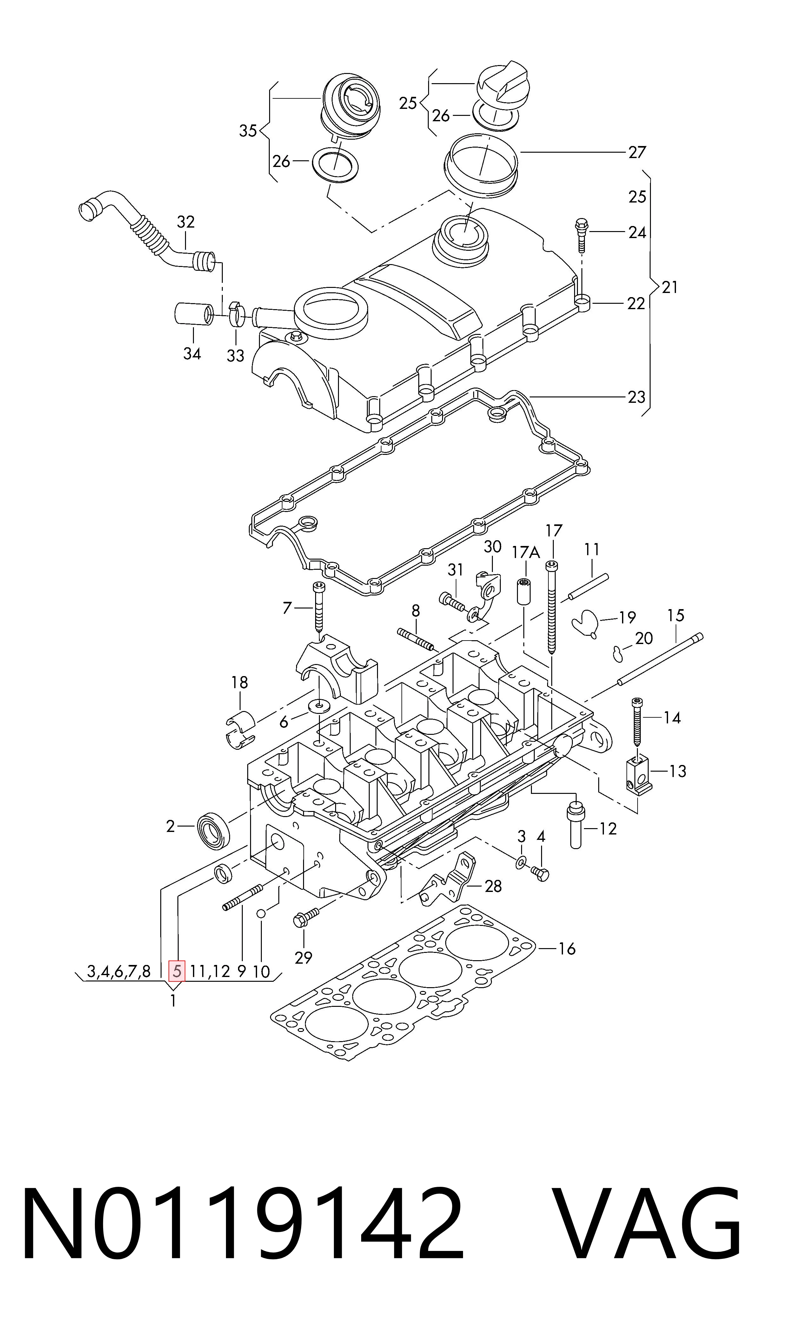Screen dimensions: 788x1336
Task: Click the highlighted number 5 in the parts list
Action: point(177,972)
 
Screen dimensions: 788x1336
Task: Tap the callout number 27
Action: point(637,152)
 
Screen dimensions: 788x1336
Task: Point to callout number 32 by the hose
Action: point(186,222)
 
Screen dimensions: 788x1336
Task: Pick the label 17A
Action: point(526,553)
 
